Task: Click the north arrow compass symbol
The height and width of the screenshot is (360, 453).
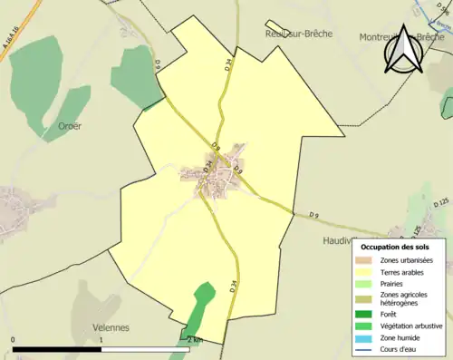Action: point(405,50)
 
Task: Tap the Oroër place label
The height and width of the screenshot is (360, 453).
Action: point(69,126)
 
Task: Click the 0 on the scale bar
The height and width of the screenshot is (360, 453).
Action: point(13,340)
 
